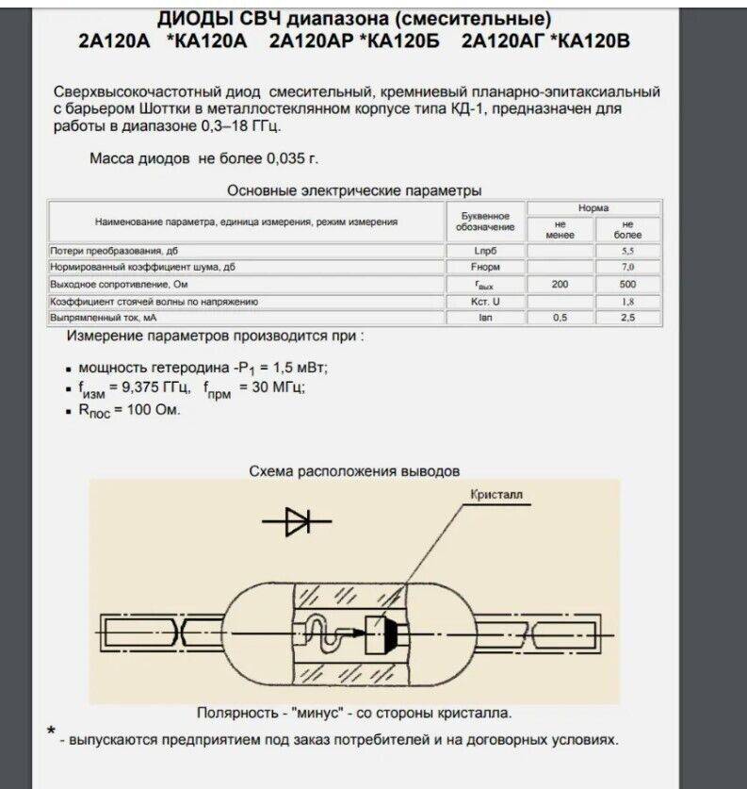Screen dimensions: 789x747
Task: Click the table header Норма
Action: click(593, 207)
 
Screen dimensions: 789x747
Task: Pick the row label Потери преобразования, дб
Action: click(113, 251)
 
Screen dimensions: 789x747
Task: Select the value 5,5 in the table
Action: click(627, 252)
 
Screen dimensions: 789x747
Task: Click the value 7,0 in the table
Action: click(627, 268)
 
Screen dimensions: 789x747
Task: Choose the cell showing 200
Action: click(560, 285)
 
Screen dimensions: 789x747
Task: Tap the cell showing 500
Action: click(627, 285)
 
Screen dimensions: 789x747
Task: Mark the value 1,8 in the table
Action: click(627, 302)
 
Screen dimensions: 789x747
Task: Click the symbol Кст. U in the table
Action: click(485, 302)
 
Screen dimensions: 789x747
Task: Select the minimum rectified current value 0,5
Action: click(560, 319)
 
